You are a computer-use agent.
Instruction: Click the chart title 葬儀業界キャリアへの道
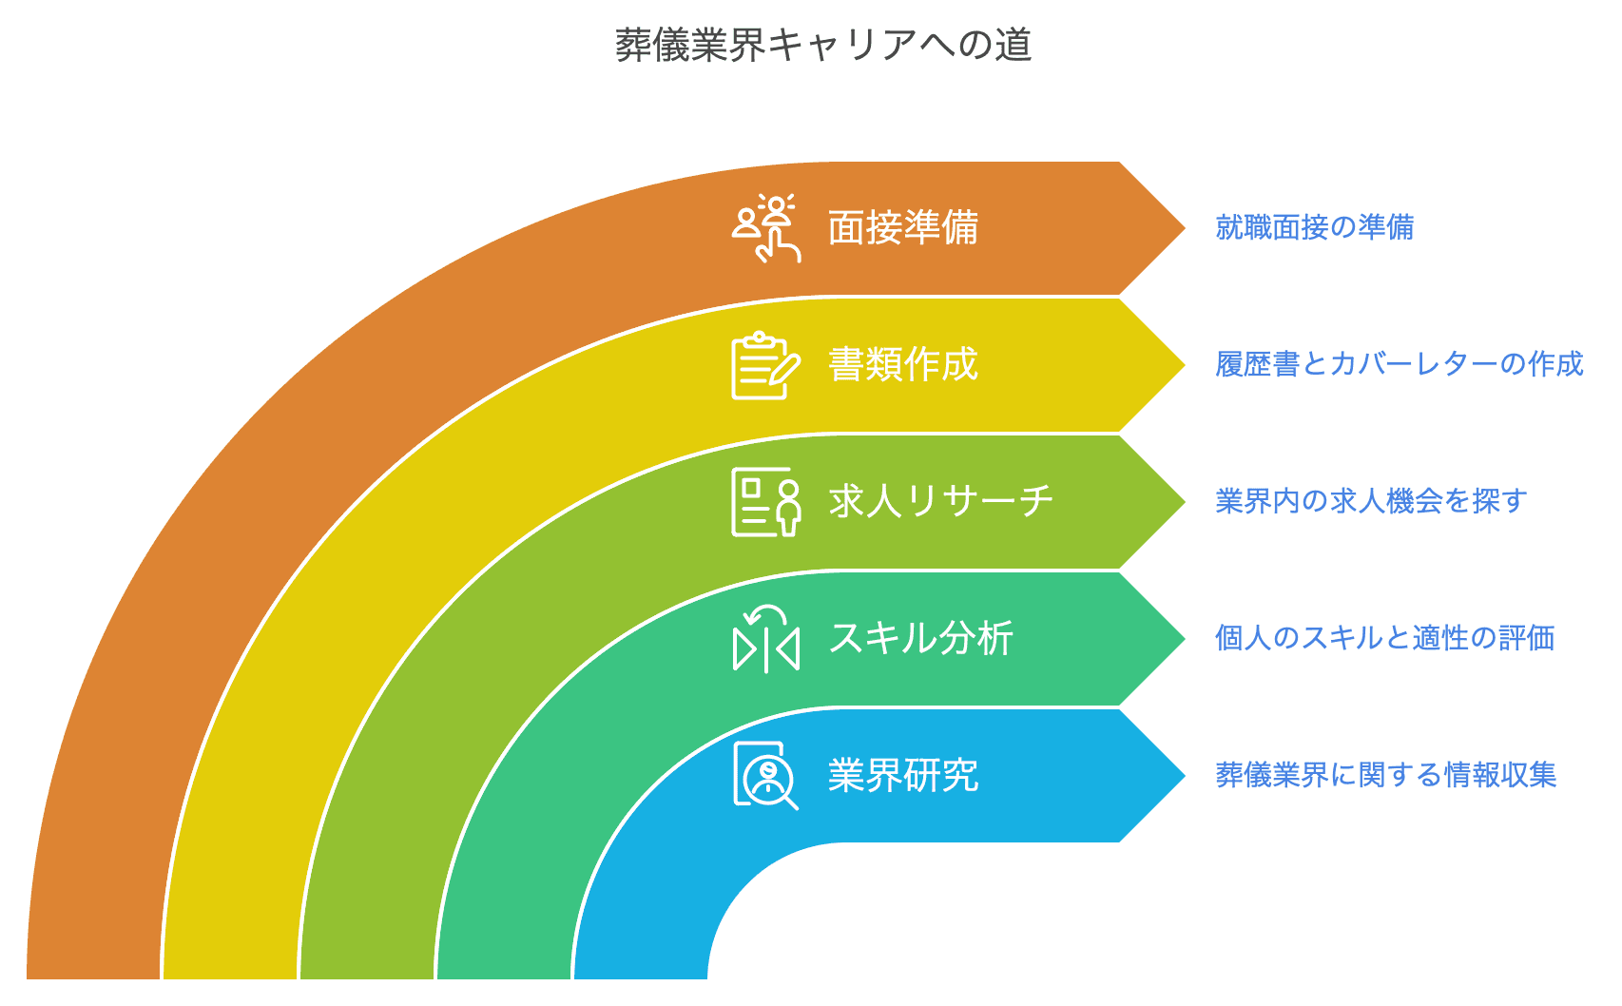(823, 45)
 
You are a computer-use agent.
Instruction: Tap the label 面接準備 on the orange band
(903, 228)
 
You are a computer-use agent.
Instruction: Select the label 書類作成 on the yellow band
(903, 365)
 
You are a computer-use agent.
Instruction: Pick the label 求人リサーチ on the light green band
(941, 502)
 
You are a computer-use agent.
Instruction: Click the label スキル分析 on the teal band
(921, 638)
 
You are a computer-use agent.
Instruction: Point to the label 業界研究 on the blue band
(903, 776)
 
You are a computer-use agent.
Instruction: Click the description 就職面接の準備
(1315, 227)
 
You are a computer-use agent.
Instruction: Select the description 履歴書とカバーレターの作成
(1400, 364)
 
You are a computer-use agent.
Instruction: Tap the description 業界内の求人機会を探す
(1371, 501)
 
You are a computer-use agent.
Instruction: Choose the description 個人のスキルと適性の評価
(1385, 638)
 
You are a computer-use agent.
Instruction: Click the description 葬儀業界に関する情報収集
(1385, 775)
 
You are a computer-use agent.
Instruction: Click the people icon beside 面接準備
(766, 228)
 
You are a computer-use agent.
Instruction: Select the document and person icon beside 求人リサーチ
(766, 502)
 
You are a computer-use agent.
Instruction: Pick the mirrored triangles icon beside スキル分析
(766, 639)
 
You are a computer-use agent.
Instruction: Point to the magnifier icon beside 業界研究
(766, 776)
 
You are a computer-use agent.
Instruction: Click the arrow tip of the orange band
(1186, 228)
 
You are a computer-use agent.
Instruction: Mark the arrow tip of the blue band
(1186, 776)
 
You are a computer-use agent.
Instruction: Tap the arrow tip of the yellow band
(1186, 365)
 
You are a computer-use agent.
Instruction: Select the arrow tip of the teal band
(1186, 639)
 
